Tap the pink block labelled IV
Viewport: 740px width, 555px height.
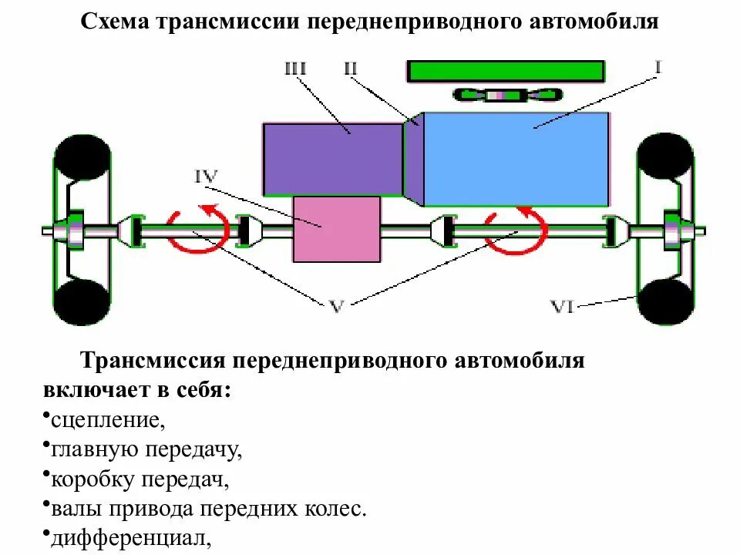337,229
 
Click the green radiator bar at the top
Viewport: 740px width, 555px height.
506,71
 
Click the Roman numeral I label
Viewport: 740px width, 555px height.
658,67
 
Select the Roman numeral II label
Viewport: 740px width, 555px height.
351,68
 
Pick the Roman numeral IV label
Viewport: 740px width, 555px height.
207,177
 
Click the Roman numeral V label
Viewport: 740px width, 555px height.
336,306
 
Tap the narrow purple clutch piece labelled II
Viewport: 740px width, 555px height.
415,158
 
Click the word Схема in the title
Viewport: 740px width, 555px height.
116,21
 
